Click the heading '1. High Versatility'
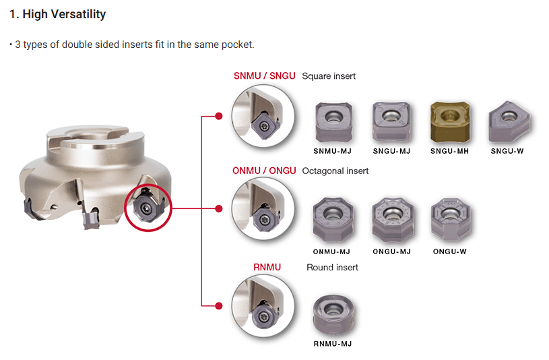57,14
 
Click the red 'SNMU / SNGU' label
264,76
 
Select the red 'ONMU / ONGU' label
264,171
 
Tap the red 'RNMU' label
267,267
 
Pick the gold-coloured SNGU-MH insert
449,122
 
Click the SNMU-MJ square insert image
333,122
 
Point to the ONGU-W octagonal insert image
449,220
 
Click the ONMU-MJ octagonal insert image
331,221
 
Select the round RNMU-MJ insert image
332,314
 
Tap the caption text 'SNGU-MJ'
391,151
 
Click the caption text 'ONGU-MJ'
391,251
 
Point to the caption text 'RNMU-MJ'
332,344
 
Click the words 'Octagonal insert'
335,171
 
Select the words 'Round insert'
332,267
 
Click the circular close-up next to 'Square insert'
262,116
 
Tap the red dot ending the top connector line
218,116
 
